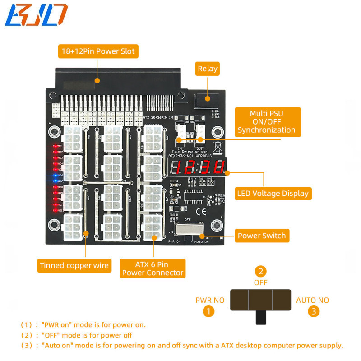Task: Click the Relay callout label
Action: click(207, 69)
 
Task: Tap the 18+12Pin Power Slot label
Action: click(97, 51)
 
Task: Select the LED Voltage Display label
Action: click(273, 194)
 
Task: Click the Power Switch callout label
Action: click(262, 235)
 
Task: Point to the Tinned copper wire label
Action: click(74, 265)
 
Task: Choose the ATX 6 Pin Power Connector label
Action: click(153, 268)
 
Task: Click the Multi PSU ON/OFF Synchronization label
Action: click(266, 122)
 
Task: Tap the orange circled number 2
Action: click(260, 271)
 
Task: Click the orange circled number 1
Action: click(208, 310)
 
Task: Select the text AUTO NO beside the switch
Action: click(312, 300)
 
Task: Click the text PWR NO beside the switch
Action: click(209, 300)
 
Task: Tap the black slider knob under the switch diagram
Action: click(260, 317)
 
